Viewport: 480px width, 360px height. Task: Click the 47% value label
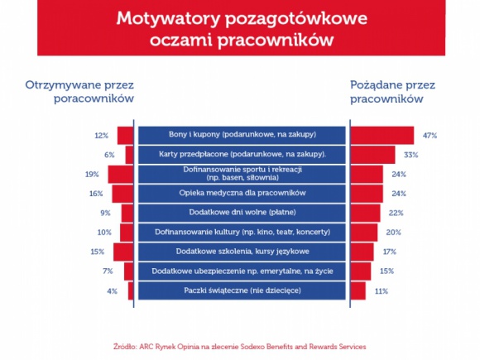pyautogui.click(x=429, y=135)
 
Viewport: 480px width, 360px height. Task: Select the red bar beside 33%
pyautogui.click(x=372, y=154)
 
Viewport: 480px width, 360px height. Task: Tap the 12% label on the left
pyautogui.click(x=102, y=135)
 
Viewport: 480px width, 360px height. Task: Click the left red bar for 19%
pyautogui.click(x=121, y=174)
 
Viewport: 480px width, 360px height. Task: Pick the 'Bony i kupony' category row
pyautogui.click(x=242, y=135)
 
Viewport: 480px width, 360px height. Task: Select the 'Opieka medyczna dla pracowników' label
pyautogui.click(x=242, y=193)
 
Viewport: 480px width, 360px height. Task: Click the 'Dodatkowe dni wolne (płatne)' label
pyautogui.click(x=242, y=213)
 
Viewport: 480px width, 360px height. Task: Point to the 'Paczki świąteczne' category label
pyautogui.click(x=242, y=290)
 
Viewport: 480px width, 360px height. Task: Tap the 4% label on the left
pyautogui.click(x=111, y=290)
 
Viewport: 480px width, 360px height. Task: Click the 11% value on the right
pyautogui.click(x=381, y=290)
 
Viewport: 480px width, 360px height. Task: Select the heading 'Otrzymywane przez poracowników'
pyautogui.click(x=80, y=91)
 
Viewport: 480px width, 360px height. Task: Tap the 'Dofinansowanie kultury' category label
pyautogui.click(x=242, y=232)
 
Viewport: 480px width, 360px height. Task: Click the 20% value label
pyautogui.click(x=393, y=232)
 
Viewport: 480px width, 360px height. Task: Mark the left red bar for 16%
pyautogui.click(x=122, y=193)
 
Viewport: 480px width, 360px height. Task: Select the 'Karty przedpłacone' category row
pyautogui.click(x=242, y=154)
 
